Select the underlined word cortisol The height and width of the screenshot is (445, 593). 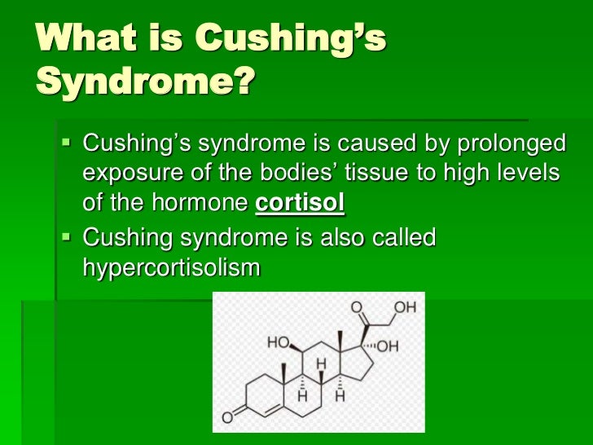[301, 204]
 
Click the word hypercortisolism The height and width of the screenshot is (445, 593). [172, 267]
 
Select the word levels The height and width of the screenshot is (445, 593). [529, 174]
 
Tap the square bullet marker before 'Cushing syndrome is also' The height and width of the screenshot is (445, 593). [67, 237]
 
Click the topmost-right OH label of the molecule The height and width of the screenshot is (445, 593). [406, 308]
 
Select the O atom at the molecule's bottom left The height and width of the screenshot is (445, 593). [228, 418]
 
